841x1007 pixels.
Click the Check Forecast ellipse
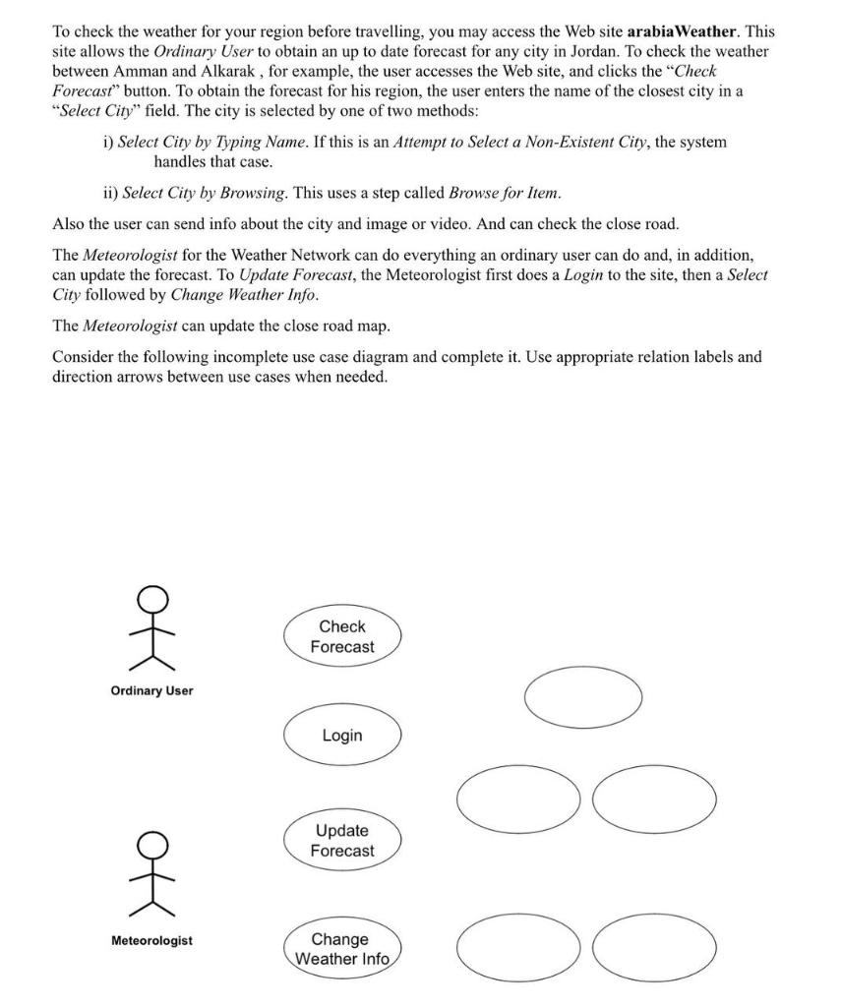342,636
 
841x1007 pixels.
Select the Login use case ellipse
342,736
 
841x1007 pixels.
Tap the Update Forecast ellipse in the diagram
342,841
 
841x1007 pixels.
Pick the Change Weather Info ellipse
342,949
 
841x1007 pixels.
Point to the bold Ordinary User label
151,690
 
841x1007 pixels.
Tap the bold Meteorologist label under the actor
151,941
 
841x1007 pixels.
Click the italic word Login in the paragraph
584,275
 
